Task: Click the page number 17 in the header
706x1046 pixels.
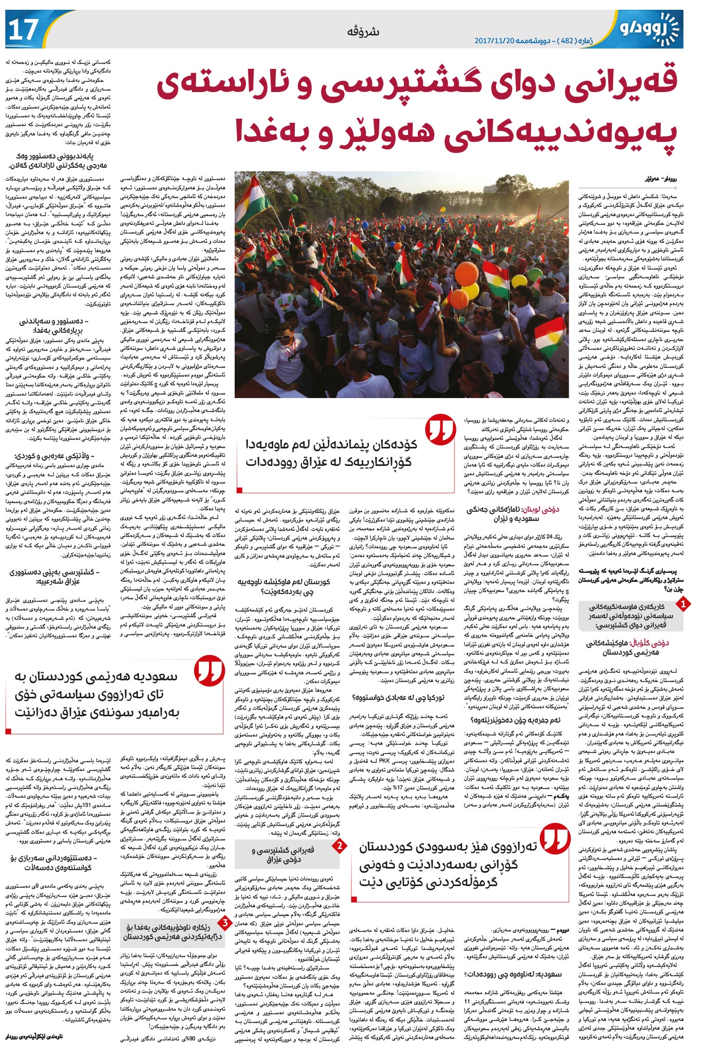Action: (24, 29)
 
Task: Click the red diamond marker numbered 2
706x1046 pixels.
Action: (339, 845)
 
